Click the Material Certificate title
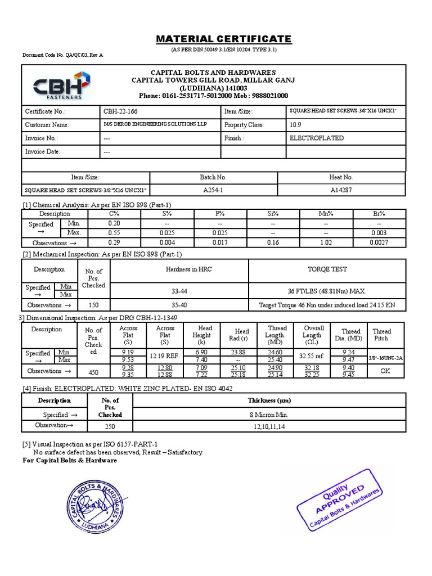click(x=223, y=39)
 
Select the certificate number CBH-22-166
click(x=121, y=111)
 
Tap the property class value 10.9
click(x=295, y=125)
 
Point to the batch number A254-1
click(x=213, y=190)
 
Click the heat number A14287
click(x=341, y=190)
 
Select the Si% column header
click(x=273, y=214)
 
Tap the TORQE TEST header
click(x=327, y=269)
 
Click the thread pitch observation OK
click(x=385, y=371)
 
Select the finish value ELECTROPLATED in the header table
click(x=316, y=138)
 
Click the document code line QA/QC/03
click(x=62, y=55)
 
